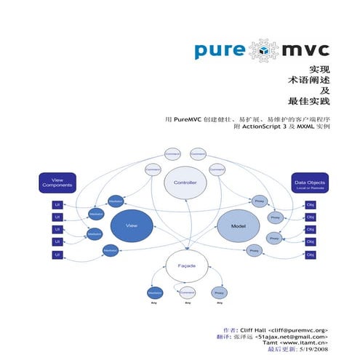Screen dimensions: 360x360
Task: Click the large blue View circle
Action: pyautogui.click(x=132, y=227)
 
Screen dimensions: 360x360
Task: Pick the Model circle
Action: pyautogui.click(x=239, y=226)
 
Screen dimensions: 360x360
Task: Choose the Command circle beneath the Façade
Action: pyautogui.click(x=186, y=292)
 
